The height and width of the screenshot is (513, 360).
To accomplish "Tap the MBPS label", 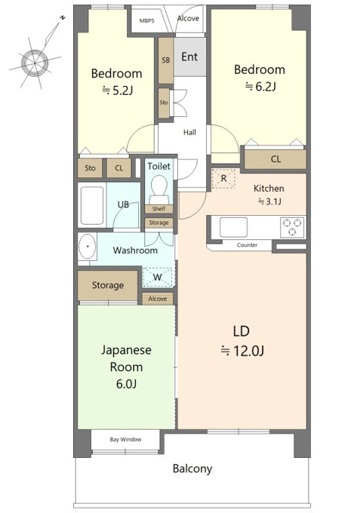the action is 147,21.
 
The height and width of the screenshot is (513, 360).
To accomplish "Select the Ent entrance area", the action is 190,57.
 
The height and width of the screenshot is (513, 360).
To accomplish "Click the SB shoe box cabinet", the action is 165,60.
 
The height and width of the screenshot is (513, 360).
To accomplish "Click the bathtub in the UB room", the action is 92,205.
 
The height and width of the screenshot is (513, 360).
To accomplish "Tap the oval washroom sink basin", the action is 87,246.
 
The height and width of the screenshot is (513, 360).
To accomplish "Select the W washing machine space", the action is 158,277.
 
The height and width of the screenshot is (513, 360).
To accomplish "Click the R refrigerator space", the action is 223,178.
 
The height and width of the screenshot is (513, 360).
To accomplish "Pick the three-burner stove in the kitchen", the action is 292,227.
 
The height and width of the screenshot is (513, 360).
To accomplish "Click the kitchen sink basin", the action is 233,227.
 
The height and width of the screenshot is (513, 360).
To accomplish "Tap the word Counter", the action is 247,245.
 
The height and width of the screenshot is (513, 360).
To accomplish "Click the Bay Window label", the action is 126,439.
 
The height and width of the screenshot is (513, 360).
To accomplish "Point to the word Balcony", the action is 192,469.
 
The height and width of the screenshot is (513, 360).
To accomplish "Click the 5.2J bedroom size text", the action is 118,91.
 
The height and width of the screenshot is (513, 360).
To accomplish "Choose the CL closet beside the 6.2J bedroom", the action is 275,159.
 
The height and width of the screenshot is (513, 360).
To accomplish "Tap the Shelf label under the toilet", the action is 158,209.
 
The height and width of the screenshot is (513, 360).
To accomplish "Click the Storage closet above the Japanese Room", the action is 107,285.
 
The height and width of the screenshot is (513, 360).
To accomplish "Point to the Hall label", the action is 190,133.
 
